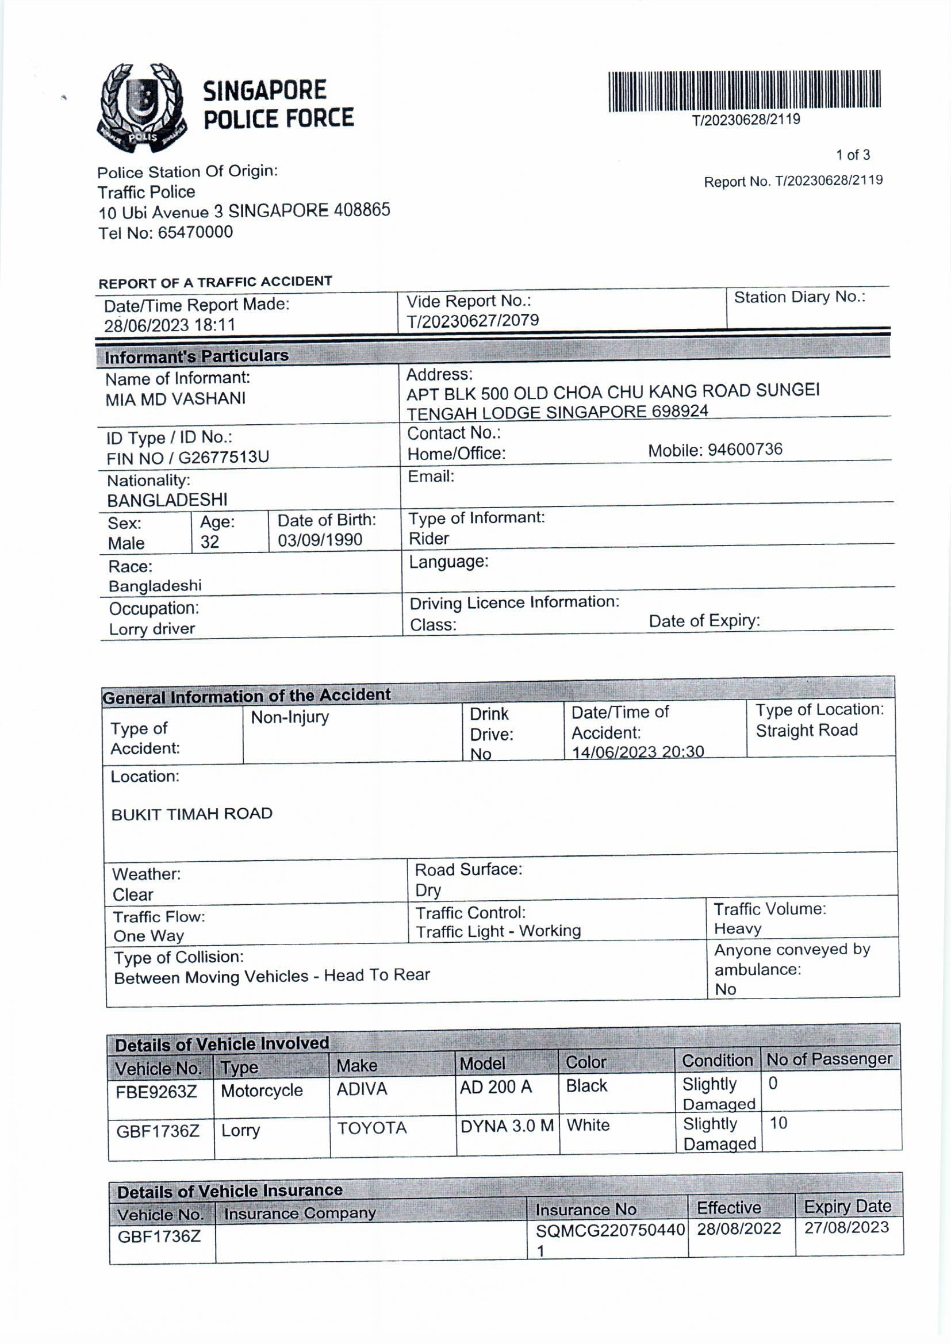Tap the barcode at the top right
coord(744,90)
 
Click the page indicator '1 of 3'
coord(853,155)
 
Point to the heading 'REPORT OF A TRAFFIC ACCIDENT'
coord(215,282)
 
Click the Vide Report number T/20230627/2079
coord(473,321)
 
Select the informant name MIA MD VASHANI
coord(176,399)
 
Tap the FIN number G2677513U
coord(223,457)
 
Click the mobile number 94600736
coord(745,449)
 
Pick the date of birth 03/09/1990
coord(320,540)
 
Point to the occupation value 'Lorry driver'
coord(152,629)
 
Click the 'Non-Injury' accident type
coord(290,717)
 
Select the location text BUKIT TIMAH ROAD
coord(192,814)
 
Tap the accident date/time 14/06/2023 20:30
coord(638,751)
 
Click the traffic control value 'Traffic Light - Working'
coord(498,931)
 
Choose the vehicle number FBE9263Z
coord(156,1092)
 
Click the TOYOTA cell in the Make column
coord(372,1128)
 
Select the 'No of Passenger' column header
coord(829,1059)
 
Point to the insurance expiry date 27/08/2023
coord(846,1227)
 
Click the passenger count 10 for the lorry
coord(779,1123)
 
